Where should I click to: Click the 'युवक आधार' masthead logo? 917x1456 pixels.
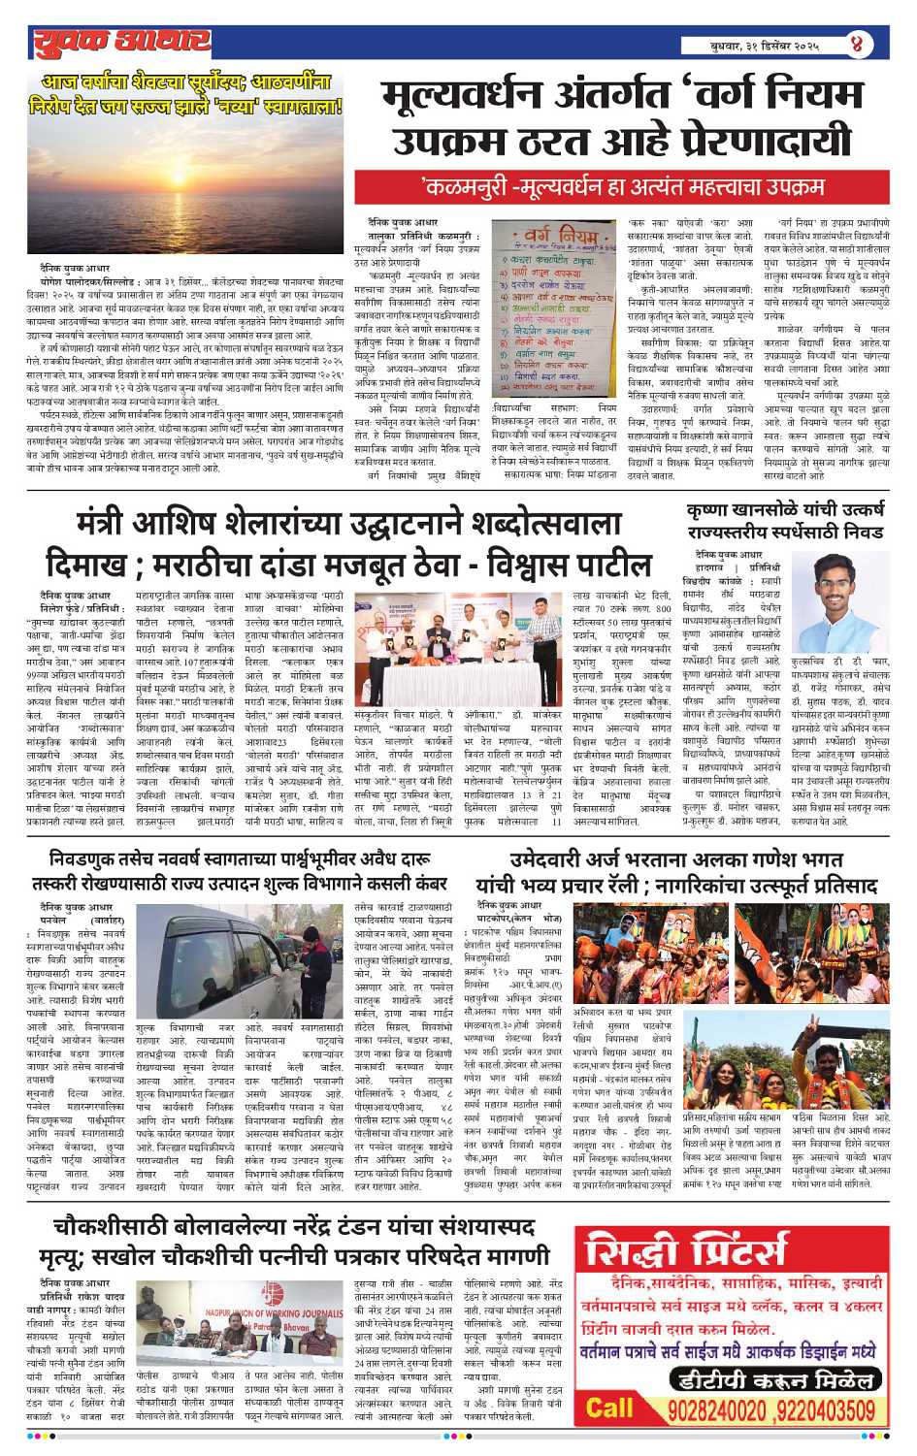[122, 43]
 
